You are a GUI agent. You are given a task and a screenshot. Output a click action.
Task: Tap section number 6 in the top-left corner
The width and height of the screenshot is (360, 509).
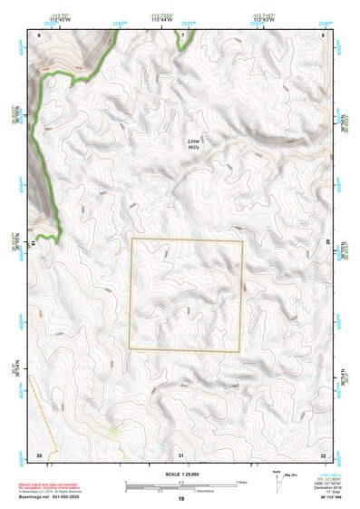pos(40,34)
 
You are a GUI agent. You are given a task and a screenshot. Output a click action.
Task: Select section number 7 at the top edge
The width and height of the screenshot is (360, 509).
pos(182,34)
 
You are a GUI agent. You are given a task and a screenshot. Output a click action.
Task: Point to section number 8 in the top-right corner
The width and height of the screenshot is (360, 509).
pos(324,34)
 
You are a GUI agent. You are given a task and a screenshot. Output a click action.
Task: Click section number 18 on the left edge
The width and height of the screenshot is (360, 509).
pos(35,243)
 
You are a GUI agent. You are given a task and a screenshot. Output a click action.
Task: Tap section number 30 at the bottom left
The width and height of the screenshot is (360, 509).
pos(39,454)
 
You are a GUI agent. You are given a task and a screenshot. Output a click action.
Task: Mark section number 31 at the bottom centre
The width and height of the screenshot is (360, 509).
pos(182,454)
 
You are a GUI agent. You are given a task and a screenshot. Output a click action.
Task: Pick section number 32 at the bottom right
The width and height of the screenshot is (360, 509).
pos(324,454)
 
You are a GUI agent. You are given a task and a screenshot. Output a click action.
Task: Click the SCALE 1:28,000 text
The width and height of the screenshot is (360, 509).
pos(180,473)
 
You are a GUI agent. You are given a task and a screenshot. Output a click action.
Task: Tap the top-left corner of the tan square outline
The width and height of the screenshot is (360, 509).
pos(131,239)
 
